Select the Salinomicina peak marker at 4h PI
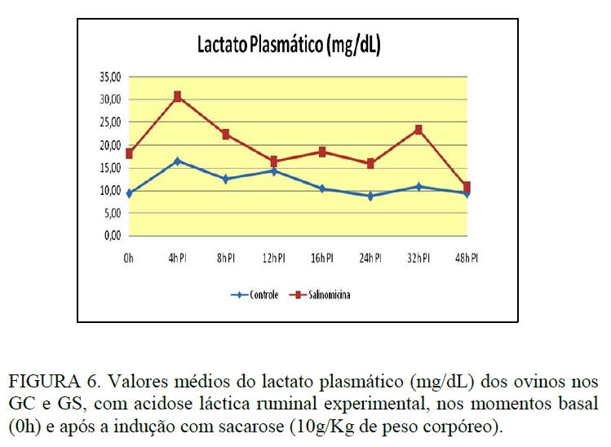click(x=177, y=96)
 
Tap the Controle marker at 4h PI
click(x=177, y=161)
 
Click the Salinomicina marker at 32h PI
click(x=418, y=130)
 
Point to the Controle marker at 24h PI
click(x=370, y=196)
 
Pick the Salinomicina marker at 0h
click(x=129, y=153)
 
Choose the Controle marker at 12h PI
click(x=274, y=170)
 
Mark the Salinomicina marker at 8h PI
click(x=225, y=134)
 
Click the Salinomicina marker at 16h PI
click(x=322, y=152)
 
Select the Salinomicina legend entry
click(x=324, y=294)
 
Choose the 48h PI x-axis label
click(x=467, y=259)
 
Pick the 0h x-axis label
click(x=129, y=259)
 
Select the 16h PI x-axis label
click(x=322, y=259)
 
